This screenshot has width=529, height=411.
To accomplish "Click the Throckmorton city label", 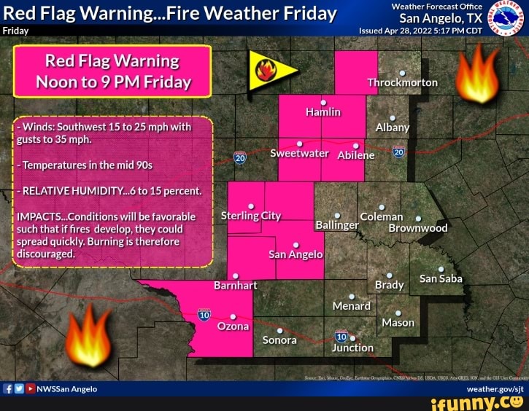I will click(402, 82).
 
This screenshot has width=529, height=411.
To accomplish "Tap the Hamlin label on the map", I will click(323, 112).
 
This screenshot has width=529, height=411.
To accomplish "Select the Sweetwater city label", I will click(300, 154).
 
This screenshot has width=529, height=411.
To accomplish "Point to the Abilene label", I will click(356, 154).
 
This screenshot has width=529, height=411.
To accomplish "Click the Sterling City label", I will click(251, 216).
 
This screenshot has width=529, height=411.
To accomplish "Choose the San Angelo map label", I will click(296, 254).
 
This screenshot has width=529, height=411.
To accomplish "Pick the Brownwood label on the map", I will click(417, 227).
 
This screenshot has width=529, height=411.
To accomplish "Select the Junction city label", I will click(352, 348).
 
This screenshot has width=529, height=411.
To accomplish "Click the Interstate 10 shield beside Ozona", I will click(204, 314).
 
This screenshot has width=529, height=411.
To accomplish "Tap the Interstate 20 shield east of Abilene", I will click(398, 152).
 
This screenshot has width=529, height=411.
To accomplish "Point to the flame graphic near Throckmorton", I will click(475, 72).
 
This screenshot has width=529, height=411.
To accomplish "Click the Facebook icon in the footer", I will click(8, 389).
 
